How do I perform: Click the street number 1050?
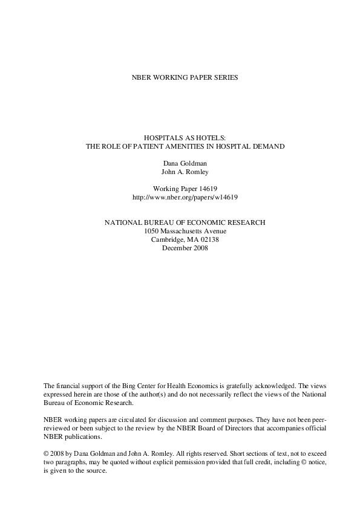pos(152,231)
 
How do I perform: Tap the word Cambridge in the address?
pos(165,239)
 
